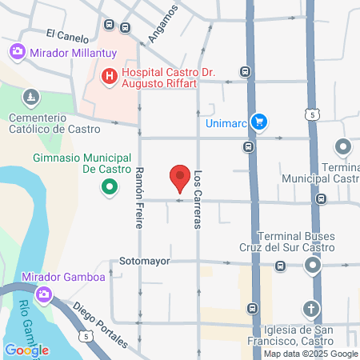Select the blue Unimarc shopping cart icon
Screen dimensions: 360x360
point(258,122)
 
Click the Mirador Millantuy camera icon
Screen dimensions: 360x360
point(16,51)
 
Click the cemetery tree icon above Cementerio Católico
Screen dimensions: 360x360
point(31,97)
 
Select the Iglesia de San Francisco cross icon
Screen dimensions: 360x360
point(311,309)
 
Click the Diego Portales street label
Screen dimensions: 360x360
point(100,322)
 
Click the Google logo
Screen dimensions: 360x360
point(26,350)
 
